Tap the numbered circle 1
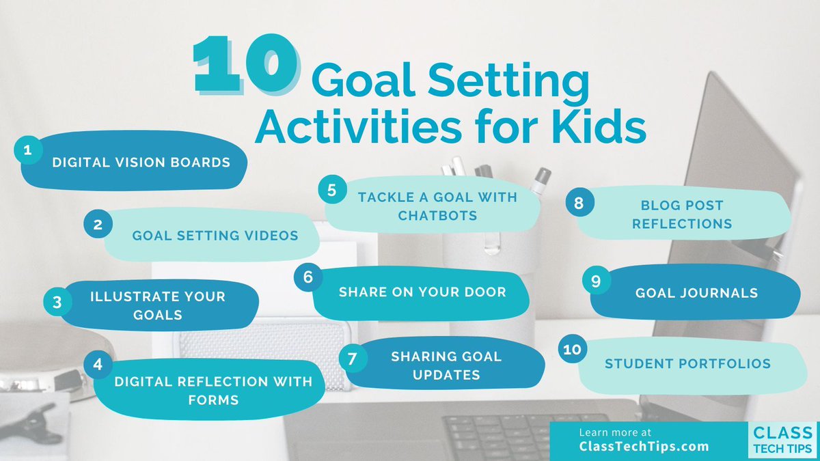[x=27, y=150]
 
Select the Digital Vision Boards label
[x=141, y=163]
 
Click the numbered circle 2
[x=98, y=223]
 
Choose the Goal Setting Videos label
[x=215, y=236]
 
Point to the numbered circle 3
[x=57, y=301]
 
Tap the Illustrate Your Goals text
[x=158, y=305]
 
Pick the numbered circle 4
[x=98, y=364]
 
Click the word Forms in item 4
[x=214, y=399]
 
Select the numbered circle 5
[x=331, y=190]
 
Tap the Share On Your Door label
[x=422, y=292]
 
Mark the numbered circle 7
[x=353, y=359]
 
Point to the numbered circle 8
[x=579, y=202]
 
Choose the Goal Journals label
[x=696, y=293]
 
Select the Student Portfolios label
[x=687, y=363]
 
